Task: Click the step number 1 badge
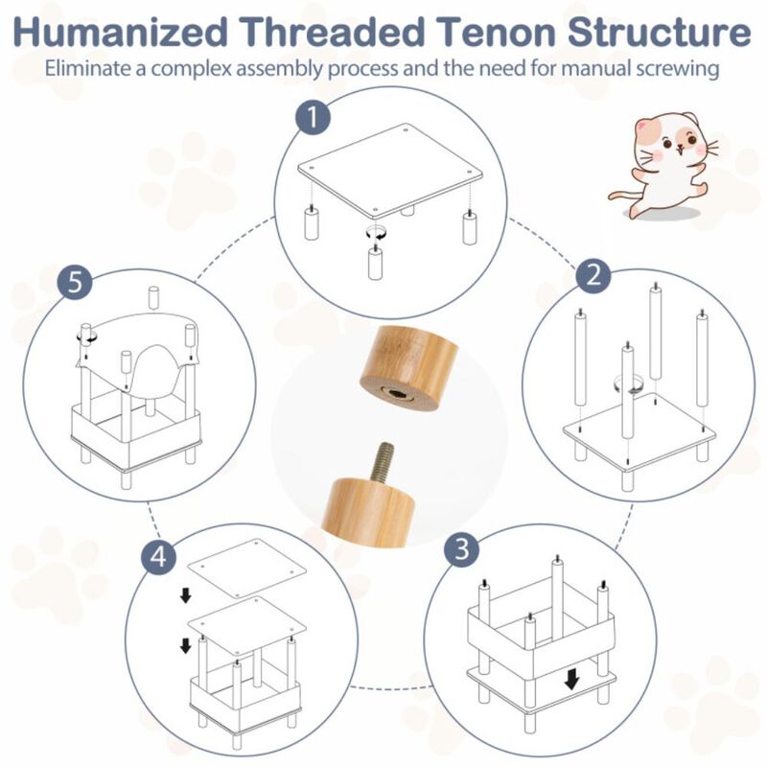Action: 313,122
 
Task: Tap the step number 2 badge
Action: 594,277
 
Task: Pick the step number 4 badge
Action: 158,555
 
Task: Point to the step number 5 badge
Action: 74,284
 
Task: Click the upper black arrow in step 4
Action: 185,597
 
